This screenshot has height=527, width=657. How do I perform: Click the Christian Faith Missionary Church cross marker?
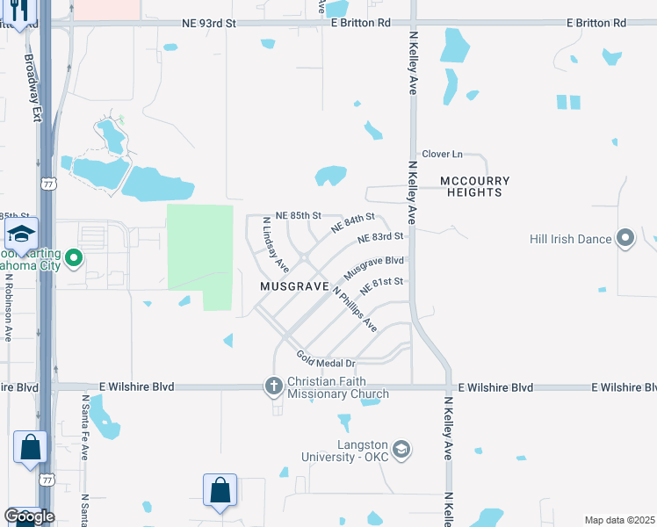tap(273, 386)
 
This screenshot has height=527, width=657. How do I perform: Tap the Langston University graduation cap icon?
tap(401, 450)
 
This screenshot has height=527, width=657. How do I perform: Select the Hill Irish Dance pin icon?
tap(625, 238)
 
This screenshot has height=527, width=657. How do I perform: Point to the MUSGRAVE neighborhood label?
tap(294, 287)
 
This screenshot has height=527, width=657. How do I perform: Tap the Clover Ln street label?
tap(442, 154)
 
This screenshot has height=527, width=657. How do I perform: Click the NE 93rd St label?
tap(209, 23)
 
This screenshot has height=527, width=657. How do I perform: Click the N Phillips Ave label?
tap(355, 311)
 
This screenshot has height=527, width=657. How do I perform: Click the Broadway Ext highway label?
tap(33, 75)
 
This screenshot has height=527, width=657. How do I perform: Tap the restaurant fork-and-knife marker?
tap(18, 11)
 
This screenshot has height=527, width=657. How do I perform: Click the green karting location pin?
tap(75, 258)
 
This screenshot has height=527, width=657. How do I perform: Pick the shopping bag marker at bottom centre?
tap(220, 489)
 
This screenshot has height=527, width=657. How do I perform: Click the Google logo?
tap(29, 516)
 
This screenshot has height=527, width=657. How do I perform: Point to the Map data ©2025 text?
tap(618, 520)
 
